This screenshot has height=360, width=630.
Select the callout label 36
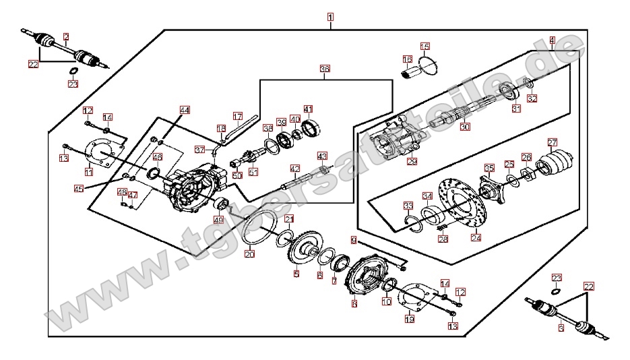(x=325, y=69)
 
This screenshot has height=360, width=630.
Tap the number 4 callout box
(x=552, y=40)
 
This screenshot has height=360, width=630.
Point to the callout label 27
(x=553, y=142)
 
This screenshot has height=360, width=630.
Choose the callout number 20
(x=249, y=254)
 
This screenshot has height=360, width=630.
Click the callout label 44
(x=185, y=109)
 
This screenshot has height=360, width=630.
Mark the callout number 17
(x=237, y=115)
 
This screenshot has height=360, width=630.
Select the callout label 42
(x=294, y=168)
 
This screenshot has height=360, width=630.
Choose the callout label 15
(x=424, y=47)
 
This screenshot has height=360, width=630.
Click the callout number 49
(x=218, y=219)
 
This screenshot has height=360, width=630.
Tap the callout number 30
(x=465, y=126)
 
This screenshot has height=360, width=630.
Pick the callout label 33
(x=408, y=206)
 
